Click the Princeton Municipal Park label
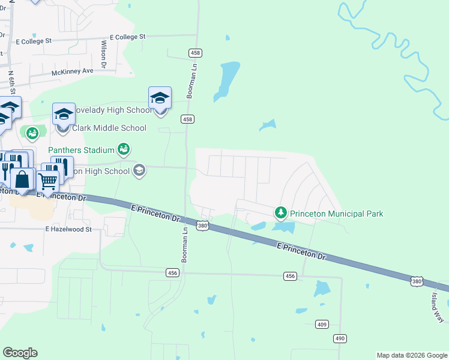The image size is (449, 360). (336, 214)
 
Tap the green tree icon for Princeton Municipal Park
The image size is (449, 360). (280, 213)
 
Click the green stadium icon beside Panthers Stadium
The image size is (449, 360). (123, 149)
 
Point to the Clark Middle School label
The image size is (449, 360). (109, 128)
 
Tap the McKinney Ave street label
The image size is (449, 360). (72, 71)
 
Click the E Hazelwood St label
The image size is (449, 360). (68, 229)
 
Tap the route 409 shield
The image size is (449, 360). (322, 325)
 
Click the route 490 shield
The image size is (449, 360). (340, 338)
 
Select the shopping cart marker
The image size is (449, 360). (47, 179)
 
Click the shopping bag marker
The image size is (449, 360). (22, 179)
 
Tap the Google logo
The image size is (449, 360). (20, 353)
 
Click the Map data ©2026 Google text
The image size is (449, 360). (412, 355)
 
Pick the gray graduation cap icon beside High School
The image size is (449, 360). (139, 171)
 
